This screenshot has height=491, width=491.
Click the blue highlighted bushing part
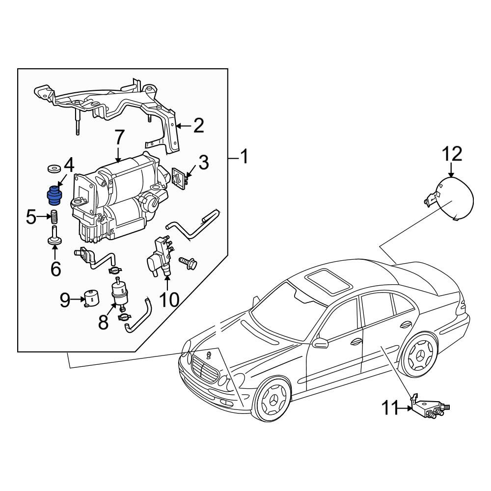click(54, 195)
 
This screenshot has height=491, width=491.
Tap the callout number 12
click(452, 154)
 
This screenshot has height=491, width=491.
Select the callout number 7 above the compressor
click(119, 138)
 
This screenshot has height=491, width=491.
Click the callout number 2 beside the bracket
click(198, 125)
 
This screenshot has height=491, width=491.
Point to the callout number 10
click(169, 300)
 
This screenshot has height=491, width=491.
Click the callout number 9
click(65, 300)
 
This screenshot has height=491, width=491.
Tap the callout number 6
click(55, 269)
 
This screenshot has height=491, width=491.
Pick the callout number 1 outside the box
click(244, 156)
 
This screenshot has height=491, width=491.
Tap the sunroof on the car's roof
click(329, 281)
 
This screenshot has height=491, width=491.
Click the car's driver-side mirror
click(320, 343)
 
